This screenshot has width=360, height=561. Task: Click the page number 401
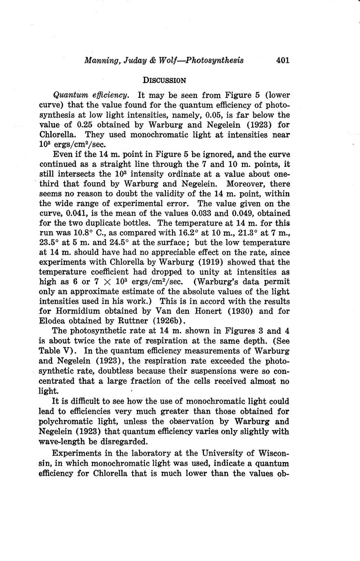[282, 60]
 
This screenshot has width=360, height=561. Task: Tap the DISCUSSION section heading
[165, 80]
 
